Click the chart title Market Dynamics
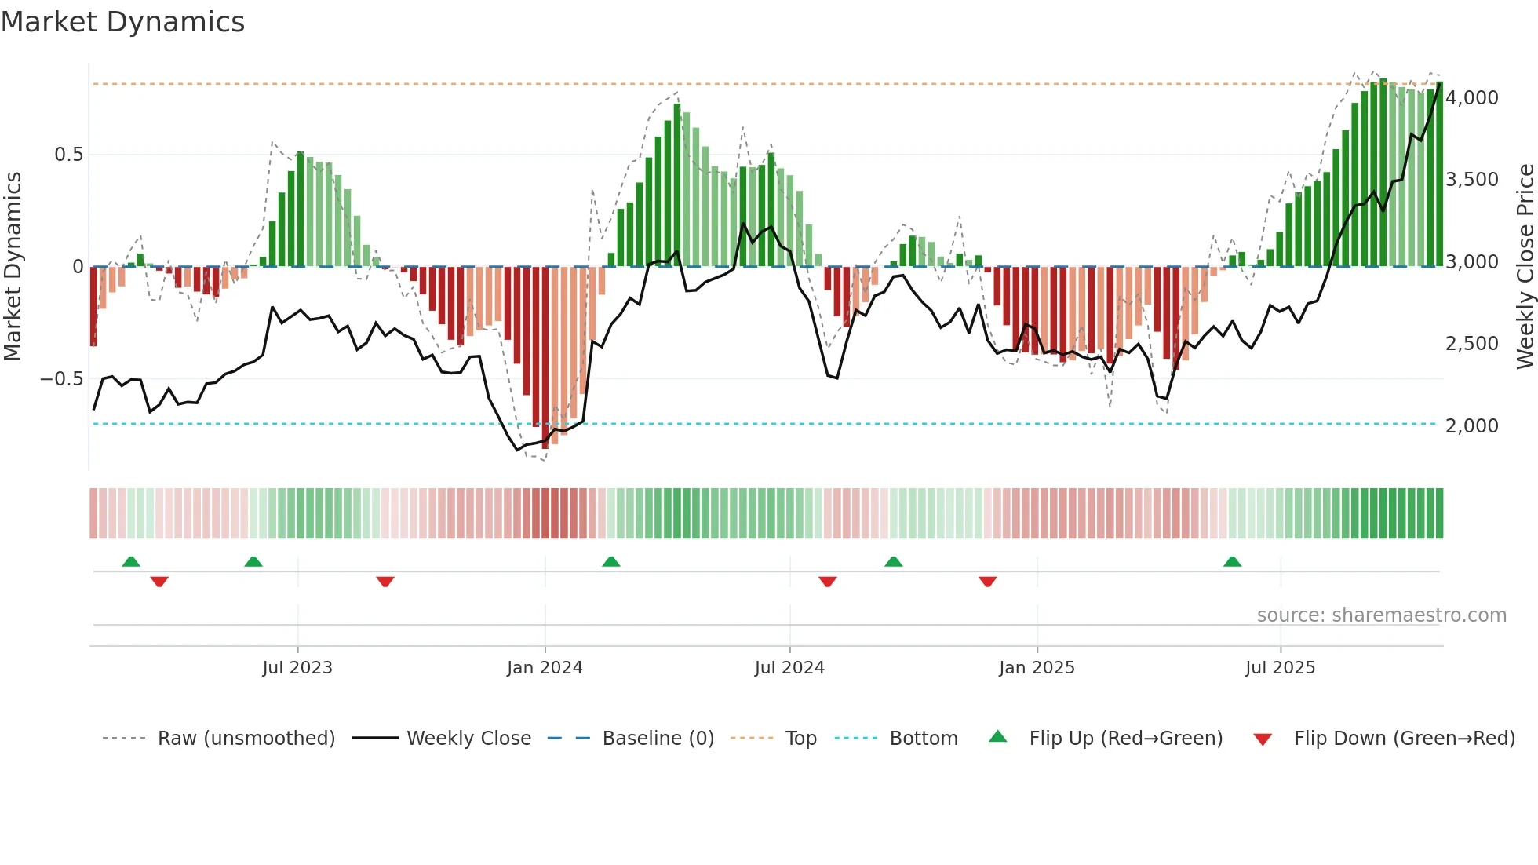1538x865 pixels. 122,22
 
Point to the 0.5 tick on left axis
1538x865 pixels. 68,155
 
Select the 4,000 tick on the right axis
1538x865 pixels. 1471,98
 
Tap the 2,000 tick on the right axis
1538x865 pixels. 1471,426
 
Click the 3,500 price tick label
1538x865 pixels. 1471,180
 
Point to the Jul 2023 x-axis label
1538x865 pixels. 297,668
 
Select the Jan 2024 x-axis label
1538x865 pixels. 545,668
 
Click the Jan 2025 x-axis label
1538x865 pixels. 1037,668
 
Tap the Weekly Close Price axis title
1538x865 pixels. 1525,267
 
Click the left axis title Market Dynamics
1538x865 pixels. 13,267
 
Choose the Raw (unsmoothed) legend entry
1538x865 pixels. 246,739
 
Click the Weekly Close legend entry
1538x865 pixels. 468,739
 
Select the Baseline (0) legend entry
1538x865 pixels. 658,739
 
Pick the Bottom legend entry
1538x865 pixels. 923,739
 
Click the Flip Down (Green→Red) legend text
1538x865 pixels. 1404,739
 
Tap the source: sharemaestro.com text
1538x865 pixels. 1381,615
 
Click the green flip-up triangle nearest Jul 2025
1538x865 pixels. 1232,562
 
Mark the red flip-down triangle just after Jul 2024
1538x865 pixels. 827,582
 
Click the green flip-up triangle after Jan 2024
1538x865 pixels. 610,562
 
